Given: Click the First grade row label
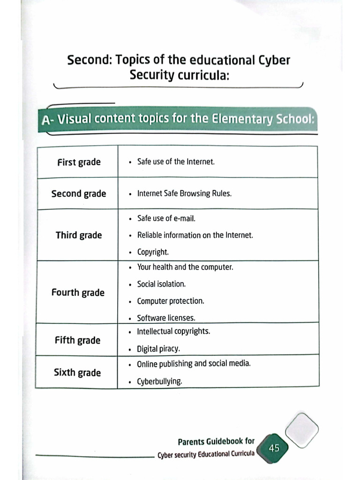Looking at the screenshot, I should [x=79, y=162].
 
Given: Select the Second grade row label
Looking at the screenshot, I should [x=79, y=194].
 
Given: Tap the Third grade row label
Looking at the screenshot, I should [x=79, y=235].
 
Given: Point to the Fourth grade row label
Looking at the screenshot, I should [x=78, y=292].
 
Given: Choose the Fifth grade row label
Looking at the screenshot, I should [x=77, y=340].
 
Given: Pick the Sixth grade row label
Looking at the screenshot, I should [x=77, y=373].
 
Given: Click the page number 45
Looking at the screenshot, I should [x=274, y=448].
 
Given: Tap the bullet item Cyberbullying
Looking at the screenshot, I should [x=159, y=382].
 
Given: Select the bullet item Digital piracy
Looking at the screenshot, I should [x=158, y=349].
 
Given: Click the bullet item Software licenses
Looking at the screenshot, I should [x=166, y=318].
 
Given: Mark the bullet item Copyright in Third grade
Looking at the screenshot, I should [x=153, y=252].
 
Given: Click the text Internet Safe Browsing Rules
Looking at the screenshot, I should [x=184, y=194].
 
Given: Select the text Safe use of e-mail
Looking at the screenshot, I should [x=166, y=218].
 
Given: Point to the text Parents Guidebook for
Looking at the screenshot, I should [x=216, y=442].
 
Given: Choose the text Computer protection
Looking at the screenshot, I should [x=170, y=301].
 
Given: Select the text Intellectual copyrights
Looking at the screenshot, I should [x=173, y=331].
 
